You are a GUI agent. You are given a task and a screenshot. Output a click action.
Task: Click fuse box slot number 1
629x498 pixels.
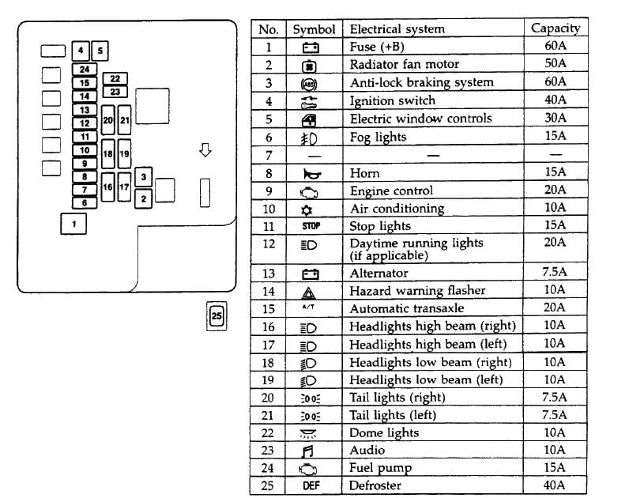click(x=73, y=224)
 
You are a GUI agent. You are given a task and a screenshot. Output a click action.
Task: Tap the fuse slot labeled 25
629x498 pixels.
click(x=217, y=317)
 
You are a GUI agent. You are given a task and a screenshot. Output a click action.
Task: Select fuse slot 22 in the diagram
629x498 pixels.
click(x=115, y=78)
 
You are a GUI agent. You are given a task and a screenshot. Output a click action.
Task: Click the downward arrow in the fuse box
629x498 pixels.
click(x=205, y=149)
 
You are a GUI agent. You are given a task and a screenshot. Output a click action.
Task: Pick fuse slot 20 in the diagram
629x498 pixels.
click(x=108, y=120)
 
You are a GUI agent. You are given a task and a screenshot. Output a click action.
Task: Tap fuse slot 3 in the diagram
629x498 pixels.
click(x=143, y=177)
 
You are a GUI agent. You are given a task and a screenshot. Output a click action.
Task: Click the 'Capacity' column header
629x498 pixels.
click(x=555, y=28)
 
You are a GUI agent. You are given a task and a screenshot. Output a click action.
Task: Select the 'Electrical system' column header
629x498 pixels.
click(x=397, y=29)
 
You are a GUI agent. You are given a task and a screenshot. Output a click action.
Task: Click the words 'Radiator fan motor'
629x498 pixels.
click(x=404, y=64)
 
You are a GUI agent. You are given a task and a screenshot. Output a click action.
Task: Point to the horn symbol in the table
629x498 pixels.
click(x=310, y=173)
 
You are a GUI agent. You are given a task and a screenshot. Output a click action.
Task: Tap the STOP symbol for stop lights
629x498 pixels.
click(x=311, y=226)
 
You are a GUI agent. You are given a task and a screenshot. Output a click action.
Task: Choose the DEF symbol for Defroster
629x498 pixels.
click(x=311, y=485)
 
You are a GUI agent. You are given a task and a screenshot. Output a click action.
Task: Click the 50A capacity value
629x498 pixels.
click(x=556, y=63)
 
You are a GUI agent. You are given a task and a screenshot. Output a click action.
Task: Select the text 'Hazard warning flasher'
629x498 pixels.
click(x=417, y=291)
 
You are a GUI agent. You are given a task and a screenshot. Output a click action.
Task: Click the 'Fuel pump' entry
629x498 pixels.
click(x=380, y=468)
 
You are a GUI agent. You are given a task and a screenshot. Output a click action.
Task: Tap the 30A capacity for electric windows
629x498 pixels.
click(x=556, y=119)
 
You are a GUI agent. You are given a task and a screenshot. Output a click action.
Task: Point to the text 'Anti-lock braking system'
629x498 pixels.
click(x=421, y=82)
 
